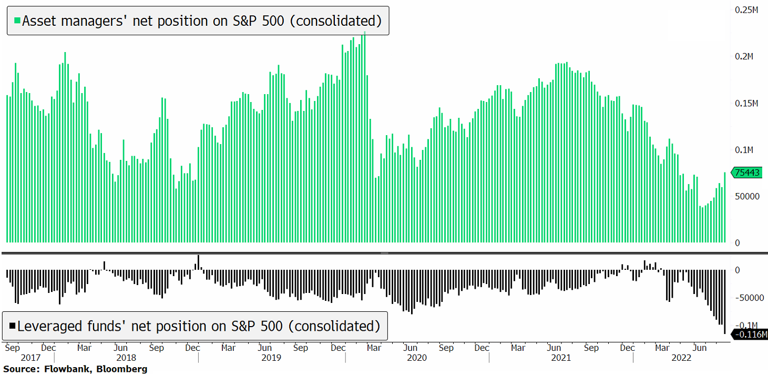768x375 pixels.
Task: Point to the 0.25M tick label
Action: point(746,9)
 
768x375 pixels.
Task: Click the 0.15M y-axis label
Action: point(746,103)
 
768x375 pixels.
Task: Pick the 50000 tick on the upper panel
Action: point(747,196)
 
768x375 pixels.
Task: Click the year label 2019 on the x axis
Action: point(271,358)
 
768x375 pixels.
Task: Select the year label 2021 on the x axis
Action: point(561,358)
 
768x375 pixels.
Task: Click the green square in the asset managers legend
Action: point(17,21)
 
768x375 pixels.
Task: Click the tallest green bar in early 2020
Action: point(364,137)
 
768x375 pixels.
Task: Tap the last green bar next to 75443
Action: point(725,207)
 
